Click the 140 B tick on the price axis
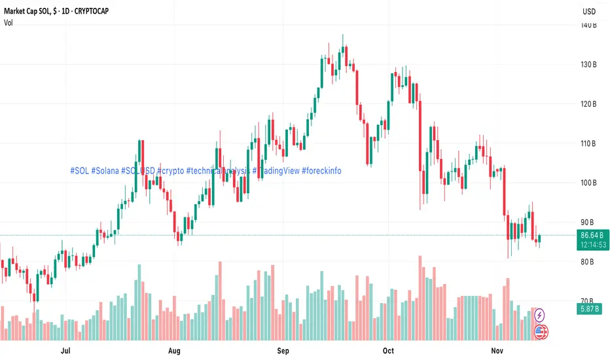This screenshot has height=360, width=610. coord(587,26)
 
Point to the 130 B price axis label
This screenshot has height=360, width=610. coord(587,65)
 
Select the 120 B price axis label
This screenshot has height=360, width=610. coord(587,104)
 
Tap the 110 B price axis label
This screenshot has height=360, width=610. coord(587,143)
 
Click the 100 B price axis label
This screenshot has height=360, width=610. coord(587,183)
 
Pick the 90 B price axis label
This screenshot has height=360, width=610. coord(588,223)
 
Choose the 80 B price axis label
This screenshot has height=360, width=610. coord(588,262)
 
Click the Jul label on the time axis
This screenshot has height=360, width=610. coord(65,351)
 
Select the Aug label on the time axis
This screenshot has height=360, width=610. coord(174,351)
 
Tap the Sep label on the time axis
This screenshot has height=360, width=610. coord(283,351)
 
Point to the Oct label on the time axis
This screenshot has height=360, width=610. coord(388,351)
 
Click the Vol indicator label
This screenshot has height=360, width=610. coord(9,22)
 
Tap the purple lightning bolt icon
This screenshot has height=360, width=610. coord(541,315)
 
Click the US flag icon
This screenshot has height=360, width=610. coord(541,332)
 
